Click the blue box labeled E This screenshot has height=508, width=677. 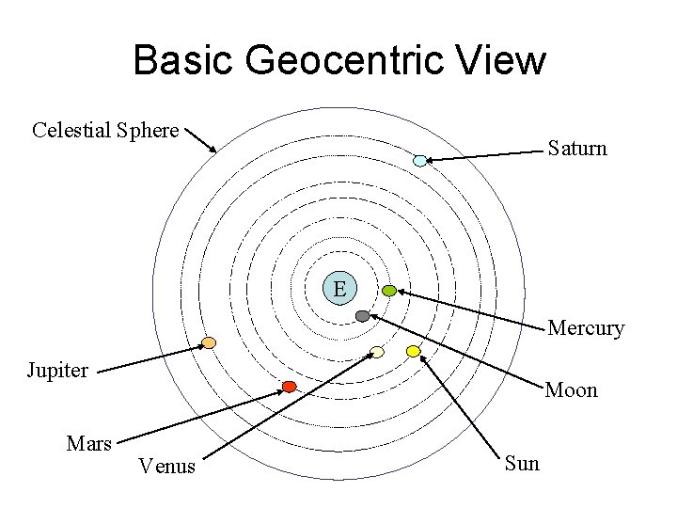click(x=339, y=287)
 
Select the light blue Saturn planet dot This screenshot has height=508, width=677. click(x=420, y=161)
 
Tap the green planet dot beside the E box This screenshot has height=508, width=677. click(x=388, y=291)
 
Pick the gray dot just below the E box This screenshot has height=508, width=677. click(x=363, y=316)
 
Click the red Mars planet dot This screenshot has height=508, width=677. click(x=290, y=387)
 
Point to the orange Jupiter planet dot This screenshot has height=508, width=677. click(x=210, y=342)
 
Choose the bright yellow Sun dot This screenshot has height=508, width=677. click(x=413, y=351)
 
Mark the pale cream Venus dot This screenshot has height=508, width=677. click(x=377, y=352)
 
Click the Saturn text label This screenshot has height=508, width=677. click(x=577, y=149)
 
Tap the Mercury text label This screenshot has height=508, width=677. click(x=586, y=328)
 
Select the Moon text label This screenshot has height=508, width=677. click(x=572, y=389)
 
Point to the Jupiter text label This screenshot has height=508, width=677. click(x=58, y=369)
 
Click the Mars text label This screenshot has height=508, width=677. click(x=89, y=442)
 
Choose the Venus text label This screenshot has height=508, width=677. click(x=166, y=465)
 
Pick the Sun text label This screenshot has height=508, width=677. click(x=522, y=462)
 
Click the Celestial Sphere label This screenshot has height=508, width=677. click(x=105, y=130)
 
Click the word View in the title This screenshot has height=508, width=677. click(x=504, y=61)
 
